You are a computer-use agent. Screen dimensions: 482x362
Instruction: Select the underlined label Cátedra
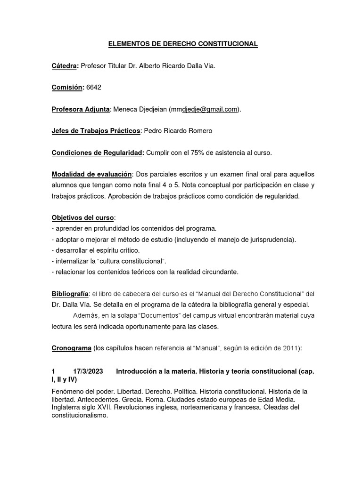pyautogui.click(x=65, y=66)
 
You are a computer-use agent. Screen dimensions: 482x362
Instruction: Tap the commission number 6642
pyautogui.click(x=94, y=88)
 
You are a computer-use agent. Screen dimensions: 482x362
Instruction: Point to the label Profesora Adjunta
pyautogui.click(x=80, y=110)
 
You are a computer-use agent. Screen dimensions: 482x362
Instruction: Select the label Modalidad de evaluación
pyautogui.click(x=92, y=175)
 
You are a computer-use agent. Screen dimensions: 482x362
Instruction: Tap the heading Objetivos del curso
pyautogui.click(x=82, y=218)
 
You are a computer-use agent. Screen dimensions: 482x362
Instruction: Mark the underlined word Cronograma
pyautogui.click(x=71, y=348)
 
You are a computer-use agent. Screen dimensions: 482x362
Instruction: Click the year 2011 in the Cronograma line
pyautogui.click(x=288, y=348)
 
